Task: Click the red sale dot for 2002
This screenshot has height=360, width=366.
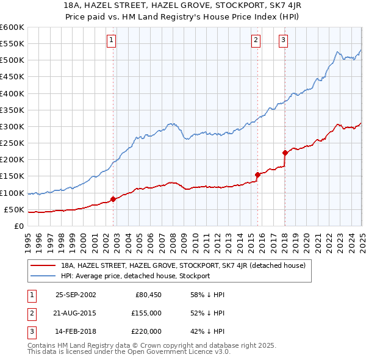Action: pos(113,199)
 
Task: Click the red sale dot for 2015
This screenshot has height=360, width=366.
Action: pos(257,175)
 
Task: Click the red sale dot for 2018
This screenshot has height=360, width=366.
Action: pos(285,153)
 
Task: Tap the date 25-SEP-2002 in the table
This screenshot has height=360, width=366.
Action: pos(76,295)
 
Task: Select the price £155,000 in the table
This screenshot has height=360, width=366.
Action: pos(146,313)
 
